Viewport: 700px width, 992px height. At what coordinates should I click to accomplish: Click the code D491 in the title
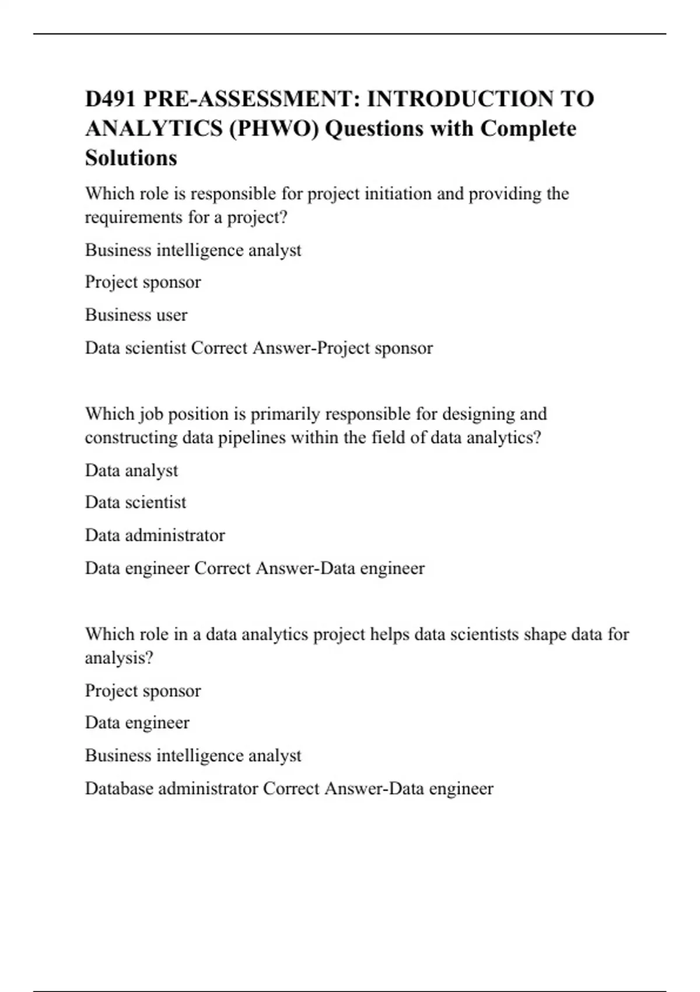tap(110, 99)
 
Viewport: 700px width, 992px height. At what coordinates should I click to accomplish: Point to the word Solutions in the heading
tap(131, 158)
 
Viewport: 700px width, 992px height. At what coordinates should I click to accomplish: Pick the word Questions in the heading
tap(374, 128)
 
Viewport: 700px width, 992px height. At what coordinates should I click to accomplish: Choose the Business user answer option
tap(136, 315)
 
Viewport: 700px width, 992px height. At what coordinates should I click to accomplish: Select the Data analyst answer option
tap(131, 470)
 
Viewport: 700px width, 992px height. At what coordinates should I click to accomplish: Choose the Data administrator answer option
tap(155, 535)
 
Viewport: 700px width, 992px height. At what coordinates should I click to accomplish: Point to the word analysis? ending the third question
tap(119, 658)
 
